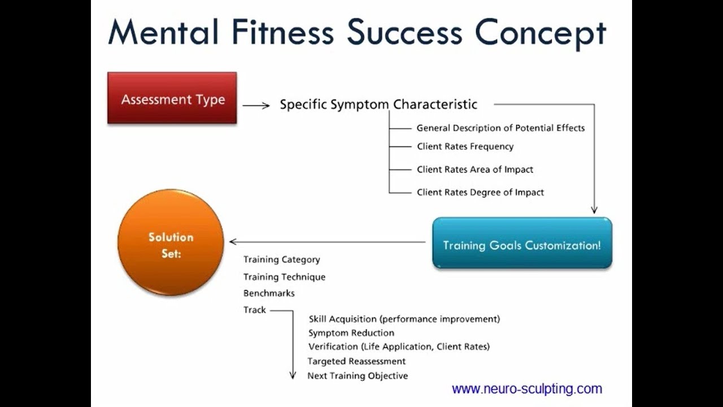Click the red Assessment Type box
pyautogui.click(x=172, y=98)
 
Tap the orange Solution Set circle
pyautogui.click(x=171, y=243)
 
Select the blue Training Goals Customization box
pyautogui.click(x=522, y=243)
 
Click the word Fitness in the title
pyautogui.click(x=283, y=32)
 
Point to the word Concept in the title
pyautogui.click(x=541, y=34)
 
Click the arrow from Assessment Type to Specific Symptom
pyautogui.click(x=256, y=106)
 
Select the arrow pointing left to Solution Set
pyautogui.click(x=327, y=241)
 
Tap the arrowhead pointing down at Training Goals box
pyautogui.click(x=594, y=210)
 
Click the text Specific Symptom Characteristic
pyautogui.click(x=378, y=105)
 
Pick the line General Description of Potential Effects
pyautogui.click(x=500, y=128)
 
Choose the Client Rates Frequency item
pyautogui.click(x=465, y=146)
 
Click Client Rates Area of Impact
pyautogui.click(x=475, y=169)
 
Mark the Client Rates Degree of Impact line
pyautogui.click(x=480, y=192)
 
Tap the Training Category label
pyautogui.click(x=281, y=259)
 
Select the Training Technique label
pyautogui.click(x=284, y=277)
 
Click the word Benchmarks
pyautogui.click(x=269, y=293)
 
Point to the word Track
pyautogui.click(x=254, y=310)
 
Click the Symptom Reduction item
pyautogui.click(x=351, y=333)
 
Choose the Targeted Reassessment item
pyautogui.click(x=356, y=361)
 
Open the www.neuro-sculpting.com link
pyautogui.click(x=527, y=388)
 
